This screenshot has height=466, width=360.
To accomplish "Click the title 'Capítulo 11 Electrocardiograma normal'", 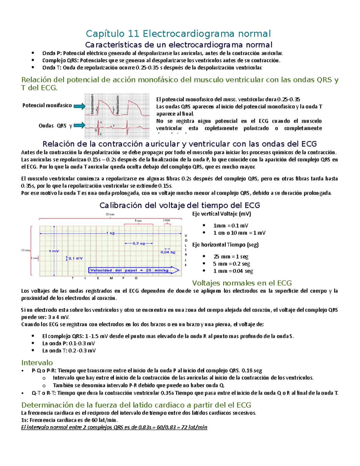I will pos(178,33).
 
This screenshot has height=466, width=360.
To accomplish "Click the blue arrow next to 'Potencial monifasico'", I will pos(79,106).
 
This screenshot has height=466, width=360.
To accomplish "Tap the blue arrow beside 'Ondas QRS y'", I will pos(79,125).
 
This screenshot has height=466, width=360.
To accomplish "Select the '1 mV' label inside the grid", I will pos(54,251).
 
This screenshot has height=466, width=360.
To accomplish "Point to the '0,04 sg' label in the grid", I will pos(168,252).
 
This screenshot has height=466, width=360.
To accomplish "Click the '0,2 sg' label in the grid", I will pos(139,243).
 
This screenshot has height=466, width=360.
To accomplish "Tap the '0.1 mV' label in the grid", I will pos(75,258).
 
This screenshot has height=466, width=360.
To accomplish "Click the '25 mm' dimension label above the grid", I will pos(110,214).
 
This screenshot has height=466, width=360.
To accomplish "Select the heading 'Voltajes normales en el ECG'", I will pos(242,283).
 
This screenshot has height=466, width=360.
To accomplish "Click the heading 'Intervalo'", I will pos(37,363).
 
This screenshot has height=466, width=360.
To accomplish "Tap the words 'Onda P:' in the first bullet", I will pos(52,53).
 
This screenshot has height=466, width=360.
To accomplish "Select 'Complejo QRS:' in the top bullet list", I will pos(61,61).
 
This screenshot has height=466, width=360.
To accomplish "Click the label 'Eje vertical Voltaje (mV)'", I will pos(221,214).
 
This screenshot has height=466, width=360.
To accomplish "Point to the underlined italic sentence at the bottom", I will pos(114,427).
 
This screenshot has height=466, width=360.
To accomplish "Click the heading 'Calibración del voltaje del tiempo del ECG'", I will pos(180,205).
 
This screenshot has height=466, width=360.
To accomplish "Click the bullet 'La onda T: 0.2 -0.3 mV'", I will pos(69,351).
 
